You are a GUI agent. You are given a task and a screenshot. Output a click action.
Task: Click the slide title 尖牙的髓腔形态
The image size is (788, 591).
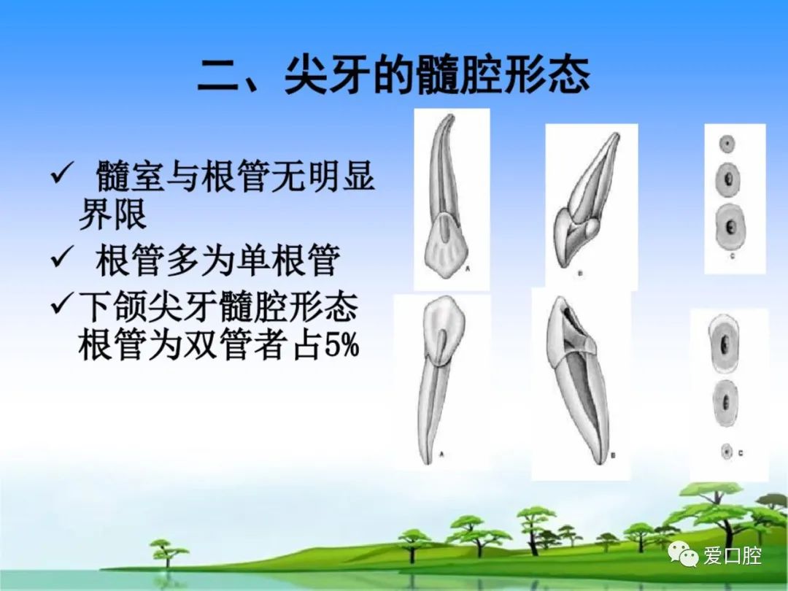pyautogui.click(x=437, y=75)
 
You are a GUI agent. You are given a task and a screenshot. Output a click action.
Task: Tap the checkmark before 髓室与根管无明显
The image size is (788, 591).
pyautogui.click(x=62, y=174)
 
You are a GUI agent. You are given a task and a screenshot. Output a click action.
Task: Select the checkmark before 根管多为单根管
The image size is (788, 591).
pyautogui.click(x=62, y=257)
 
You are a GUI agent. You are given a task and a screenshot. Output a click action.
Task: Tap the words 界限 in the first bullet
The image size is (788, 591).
pyautogui.click(x=112, y=215)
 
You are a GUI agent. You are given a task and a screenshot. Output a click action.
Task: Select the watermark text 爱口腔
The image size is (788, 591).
pyautogui.click(x=733, y=555)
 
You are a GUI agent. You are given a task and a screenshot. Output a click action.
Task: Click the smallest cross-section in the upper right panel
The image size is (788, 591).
pyautogui.click(x=726, y=144)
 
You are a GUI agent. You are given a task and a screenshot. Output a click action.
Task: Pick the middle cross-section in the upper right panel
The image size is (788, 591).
pyautogui.click(x=727, y=179)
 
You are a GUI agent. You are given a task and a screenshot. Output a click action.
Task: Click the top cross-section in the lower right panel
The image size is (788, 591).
pyautogui.click(x=724, y=343)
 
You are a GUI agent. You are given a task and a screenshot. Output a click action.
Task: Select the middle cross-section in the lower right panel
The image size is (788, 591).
pyautogui.click(x=726, y=403)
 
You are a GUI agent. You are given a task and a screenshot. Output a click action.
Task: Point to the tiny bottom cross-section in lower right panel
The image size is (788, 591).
pyautogui.click(x=726, y=452)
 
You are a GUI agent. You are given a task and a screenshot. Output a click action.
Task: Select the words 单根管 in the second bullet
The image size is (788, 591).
pyautogui.click(x=288, y=260)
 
